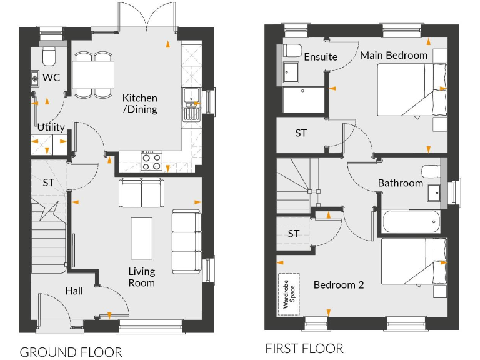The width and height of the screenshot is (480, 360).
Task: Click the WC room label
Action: click(x=51, y=77)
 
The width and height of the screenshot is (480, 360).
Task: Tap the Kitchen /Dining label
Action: click(x=139, y=104)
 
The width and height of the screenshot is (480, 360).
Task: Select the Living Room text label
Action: click(x=142, y=277)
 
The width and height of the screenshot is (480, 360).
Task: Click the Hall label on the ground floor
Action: click(x=74, y=291)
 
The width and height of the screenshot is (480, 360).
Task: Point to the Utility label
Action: click(x=51, y=127)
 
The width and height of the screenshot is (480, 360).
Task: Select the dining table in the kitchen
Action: click(x=93, y=75)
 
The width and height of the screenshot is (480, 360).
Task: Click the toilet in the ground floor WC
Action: click(x=49, y=57)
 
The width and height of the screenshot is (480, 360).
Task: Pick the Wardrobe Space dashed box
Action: click(x=289, y=294)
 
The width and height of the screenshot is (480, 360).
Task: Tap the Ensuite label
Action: click(x=321, y=57)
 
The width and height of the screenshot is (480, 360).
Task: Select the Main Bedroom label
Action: click(x=394, y=55)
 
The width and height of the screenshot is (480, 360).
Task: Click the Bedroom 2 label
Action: click(x=339, y=285)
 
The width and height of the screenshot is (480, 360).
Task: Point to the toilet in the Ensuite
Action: click(x=292, y=50)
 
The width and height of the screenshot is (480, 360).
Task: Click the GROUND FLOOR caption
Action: click(x=71, y=352)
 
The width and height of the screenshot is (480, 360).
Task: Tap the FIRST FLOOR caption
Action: click(x=304, y=348)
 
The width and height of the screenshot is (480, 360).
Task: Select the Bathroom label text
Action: click(x=400, y=183)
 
